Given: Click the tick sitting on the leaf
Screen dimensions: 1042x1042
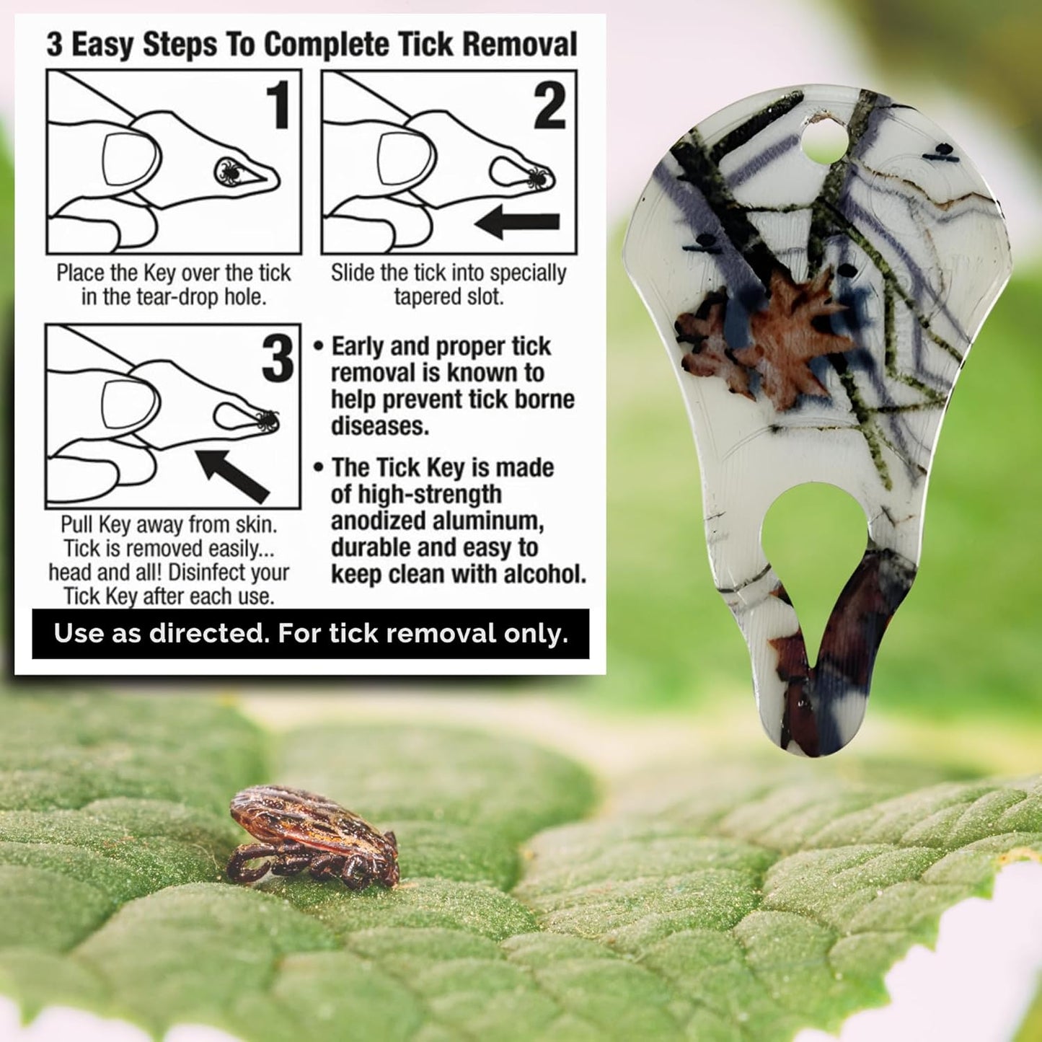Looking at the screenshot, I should [312, 836].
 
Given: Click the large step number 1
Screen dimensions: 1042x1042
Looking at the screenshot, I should [278, 105].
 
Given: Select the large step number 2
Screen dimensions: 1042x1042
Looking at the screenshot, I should [549, 105].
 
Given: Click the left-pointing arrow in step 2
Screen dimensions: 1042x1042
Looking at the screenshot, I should [517, 222].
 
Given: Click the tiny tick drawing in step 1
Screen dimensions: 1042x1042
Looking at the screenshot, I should [229, 172].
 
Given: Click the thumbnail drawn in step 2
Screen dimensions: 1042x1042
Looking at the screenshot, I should [405, 158].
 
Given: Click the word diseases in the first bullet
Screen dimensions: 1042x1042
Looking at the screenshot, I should [379, 426].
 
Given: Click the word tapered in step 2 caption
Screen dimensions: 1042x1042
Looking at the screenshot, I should [430, 297].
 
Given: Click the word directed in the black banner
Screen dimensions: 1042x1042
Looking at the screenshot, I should [209, 634].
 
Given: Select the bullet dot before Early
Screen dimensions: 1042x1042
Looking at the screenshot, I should [318, 346].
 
